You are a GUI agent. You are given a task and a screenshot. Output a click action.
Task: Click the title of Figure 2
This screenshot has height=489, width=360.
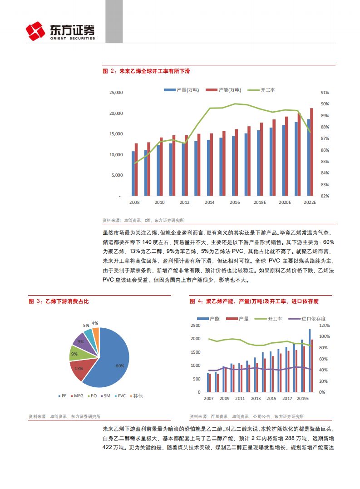146,71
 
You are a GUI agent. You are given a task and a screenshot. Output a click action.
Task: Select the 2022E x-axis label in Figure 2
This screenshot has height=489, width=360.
309,202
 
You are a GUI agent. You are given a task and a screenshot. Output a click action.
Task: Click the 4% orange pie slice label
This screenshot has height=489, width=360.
95,323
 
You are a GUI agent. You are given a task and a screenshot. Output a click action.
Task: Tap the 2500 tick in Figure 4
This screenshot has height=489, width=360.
196,326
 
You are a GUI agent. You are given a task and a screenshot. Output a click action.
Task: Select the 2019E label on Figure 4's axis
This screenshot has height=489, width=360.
302,399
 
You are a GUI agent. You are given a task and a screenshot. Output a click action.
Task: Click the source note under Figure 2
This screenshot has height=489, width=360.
143,220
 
